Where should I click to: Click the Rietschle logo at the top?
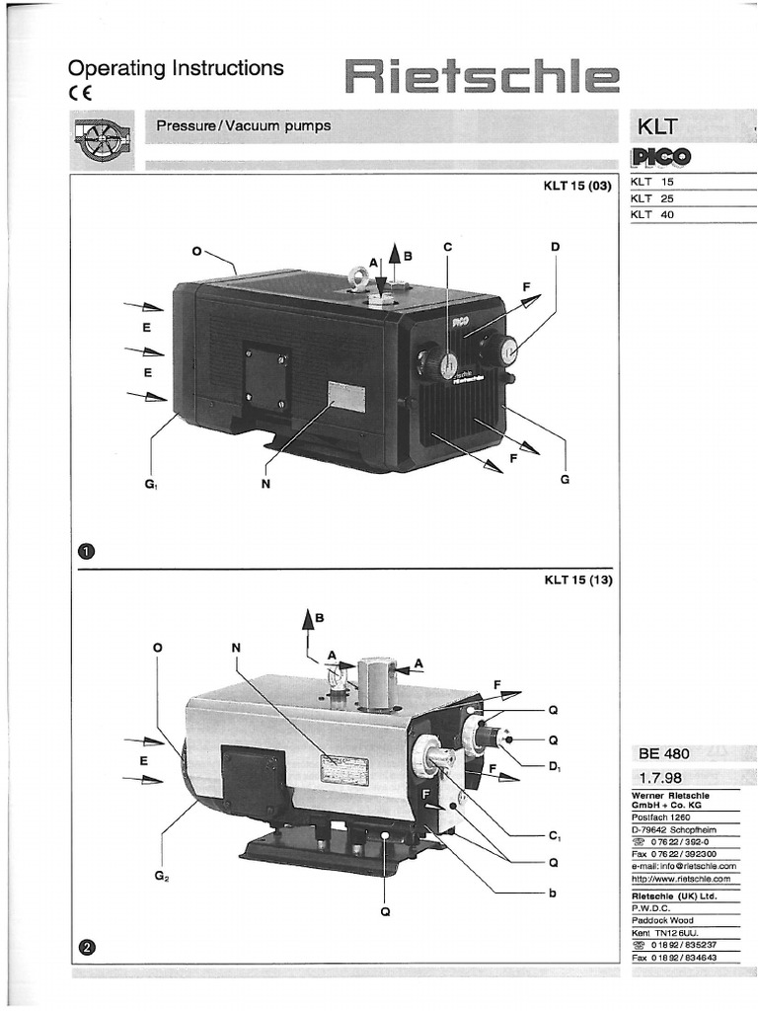pos(482,77)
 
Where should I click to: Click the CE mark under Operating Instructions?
pos(80,95)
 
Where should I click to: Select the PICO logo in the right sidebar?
pos(661,157)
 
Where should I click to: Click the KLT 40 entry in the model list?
pos(653,214)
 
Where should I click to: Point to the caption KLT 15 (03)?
pos(577,186)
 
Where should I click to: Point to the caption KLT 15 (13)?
pos(577,580)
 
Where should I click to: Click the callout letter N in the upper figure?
pos(265,483)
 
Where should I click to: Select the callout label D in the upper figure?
pos(556,246)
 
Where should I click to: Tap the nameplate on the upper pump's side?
pos(346,397)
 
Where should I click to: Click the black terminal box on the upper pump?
pos(266,378)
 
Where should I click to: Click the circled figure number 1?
pos(86,550)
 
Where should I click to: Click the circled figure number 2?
pos(86,948)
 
